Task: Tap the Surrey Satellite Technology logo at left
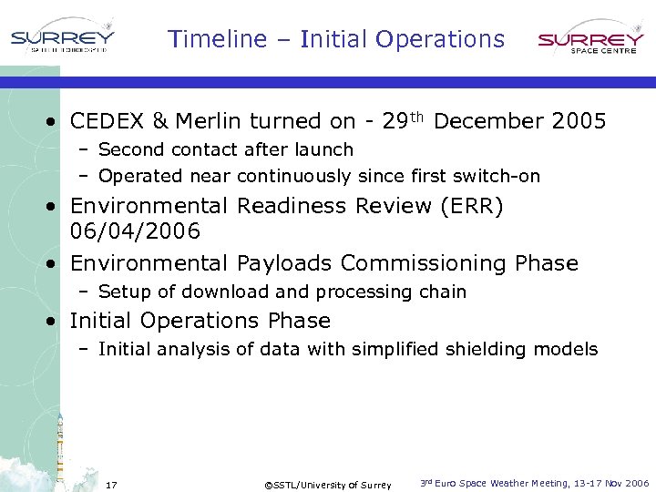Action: [x=63, y=40]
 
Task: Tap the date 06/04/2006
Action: [x=135, y=232]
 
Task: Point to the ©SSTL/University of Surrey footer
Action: [x=327, y=485]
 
